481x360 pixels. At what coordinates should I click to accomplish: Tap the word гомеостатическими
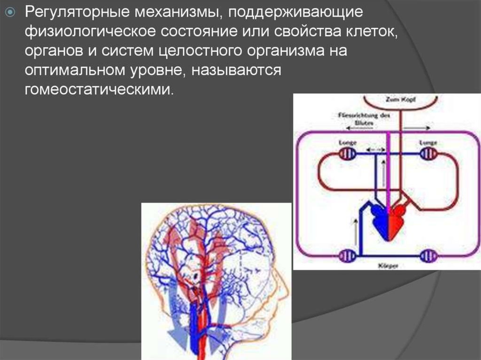pyautogui.click(x=99, y=89)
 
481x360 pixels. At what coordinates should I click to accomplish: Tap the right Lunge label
pyautogui.click(x=428, y=142)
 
